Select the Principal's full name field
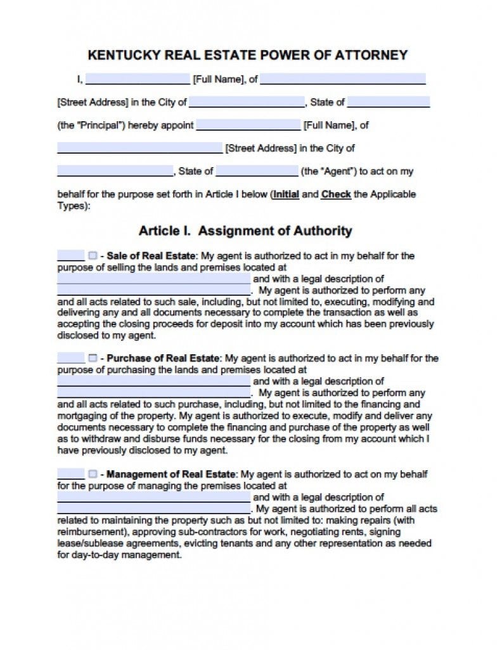137,80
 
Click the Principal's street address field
342,80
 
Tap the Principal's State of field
388,102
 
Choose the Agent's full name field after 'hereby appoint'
248,125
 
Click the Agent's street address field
139,148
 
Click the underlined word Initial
286,194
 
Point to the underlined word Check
336,194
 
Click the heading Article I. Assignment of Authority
245,231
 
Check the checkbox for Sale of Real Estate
93,256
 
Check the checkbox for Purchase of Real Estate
93,359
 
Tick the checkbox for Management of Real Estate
93,474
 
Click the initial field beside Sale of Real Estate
70,256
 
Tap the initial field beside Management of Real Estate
70,474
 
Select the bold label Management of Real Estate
172,474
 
